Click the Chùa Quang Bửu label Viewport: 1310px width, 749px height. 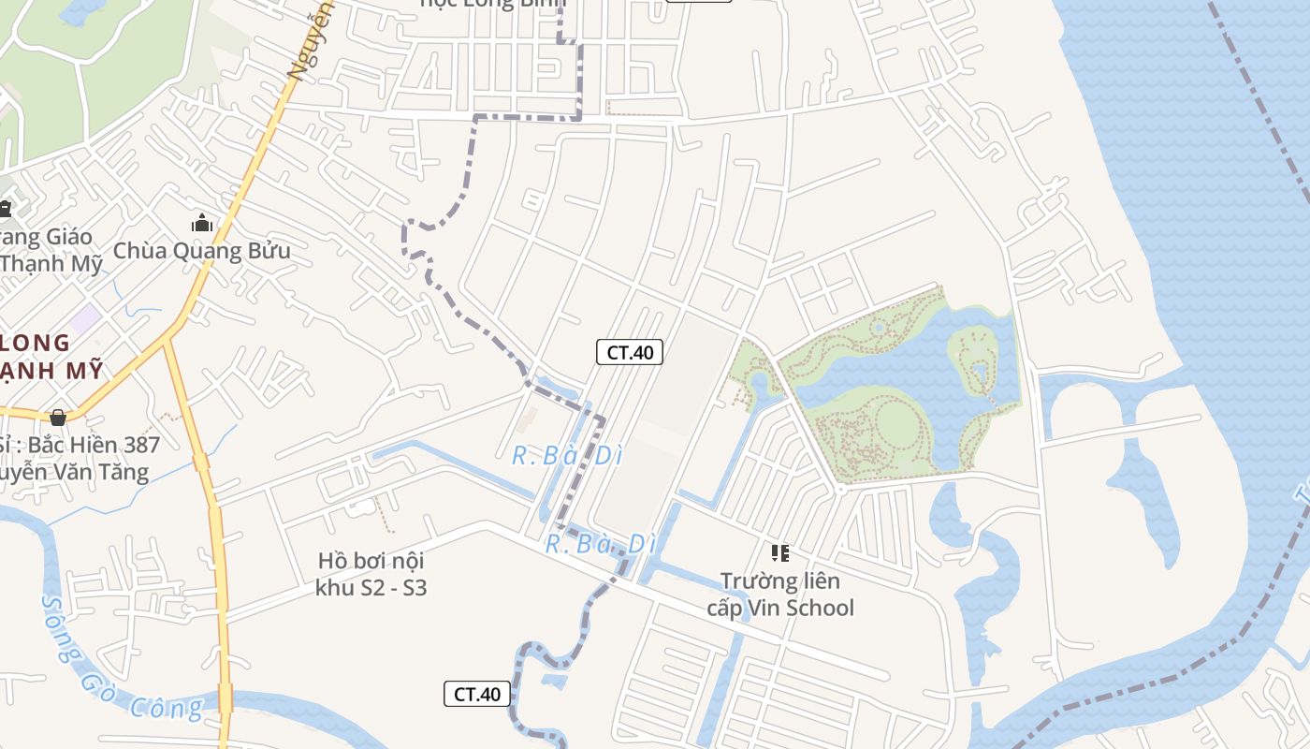click(x=201, y=251)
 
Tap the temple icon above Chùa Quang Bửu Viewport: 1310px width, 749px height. click(x=201, y=224)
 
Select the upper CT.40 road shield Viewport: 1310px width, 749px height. click(x=630, y=352)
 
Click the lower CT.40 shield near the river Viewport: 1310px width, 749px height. click(x=477, y=694)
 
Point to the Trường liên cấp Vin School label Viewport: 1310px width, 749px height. click(x=779, y=595)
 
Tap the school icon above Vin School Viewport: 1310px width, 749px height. click(x=779, y=553)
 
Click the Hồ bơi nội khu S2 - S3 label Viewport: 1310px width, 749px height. click(x=371, y=574)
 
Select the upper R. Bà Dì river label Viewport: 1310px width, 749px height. click(x=567, y=456)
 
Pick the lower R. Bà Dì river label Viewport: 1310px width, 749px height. click(x=599, y=544)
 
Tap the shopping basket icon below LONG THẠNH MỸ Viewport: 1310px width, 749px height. click(x=58, y=417)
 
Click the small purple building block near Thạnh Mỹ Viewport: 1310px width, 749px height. click(x=85, y=318)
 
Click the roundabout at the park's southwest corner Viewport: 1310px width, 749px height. click(x=840, y=489)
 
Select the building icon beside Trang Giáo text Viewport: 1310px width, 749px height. click(x=6, y=208)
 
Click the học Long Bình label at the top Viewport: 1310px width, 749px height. click(x=494, y=4)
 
